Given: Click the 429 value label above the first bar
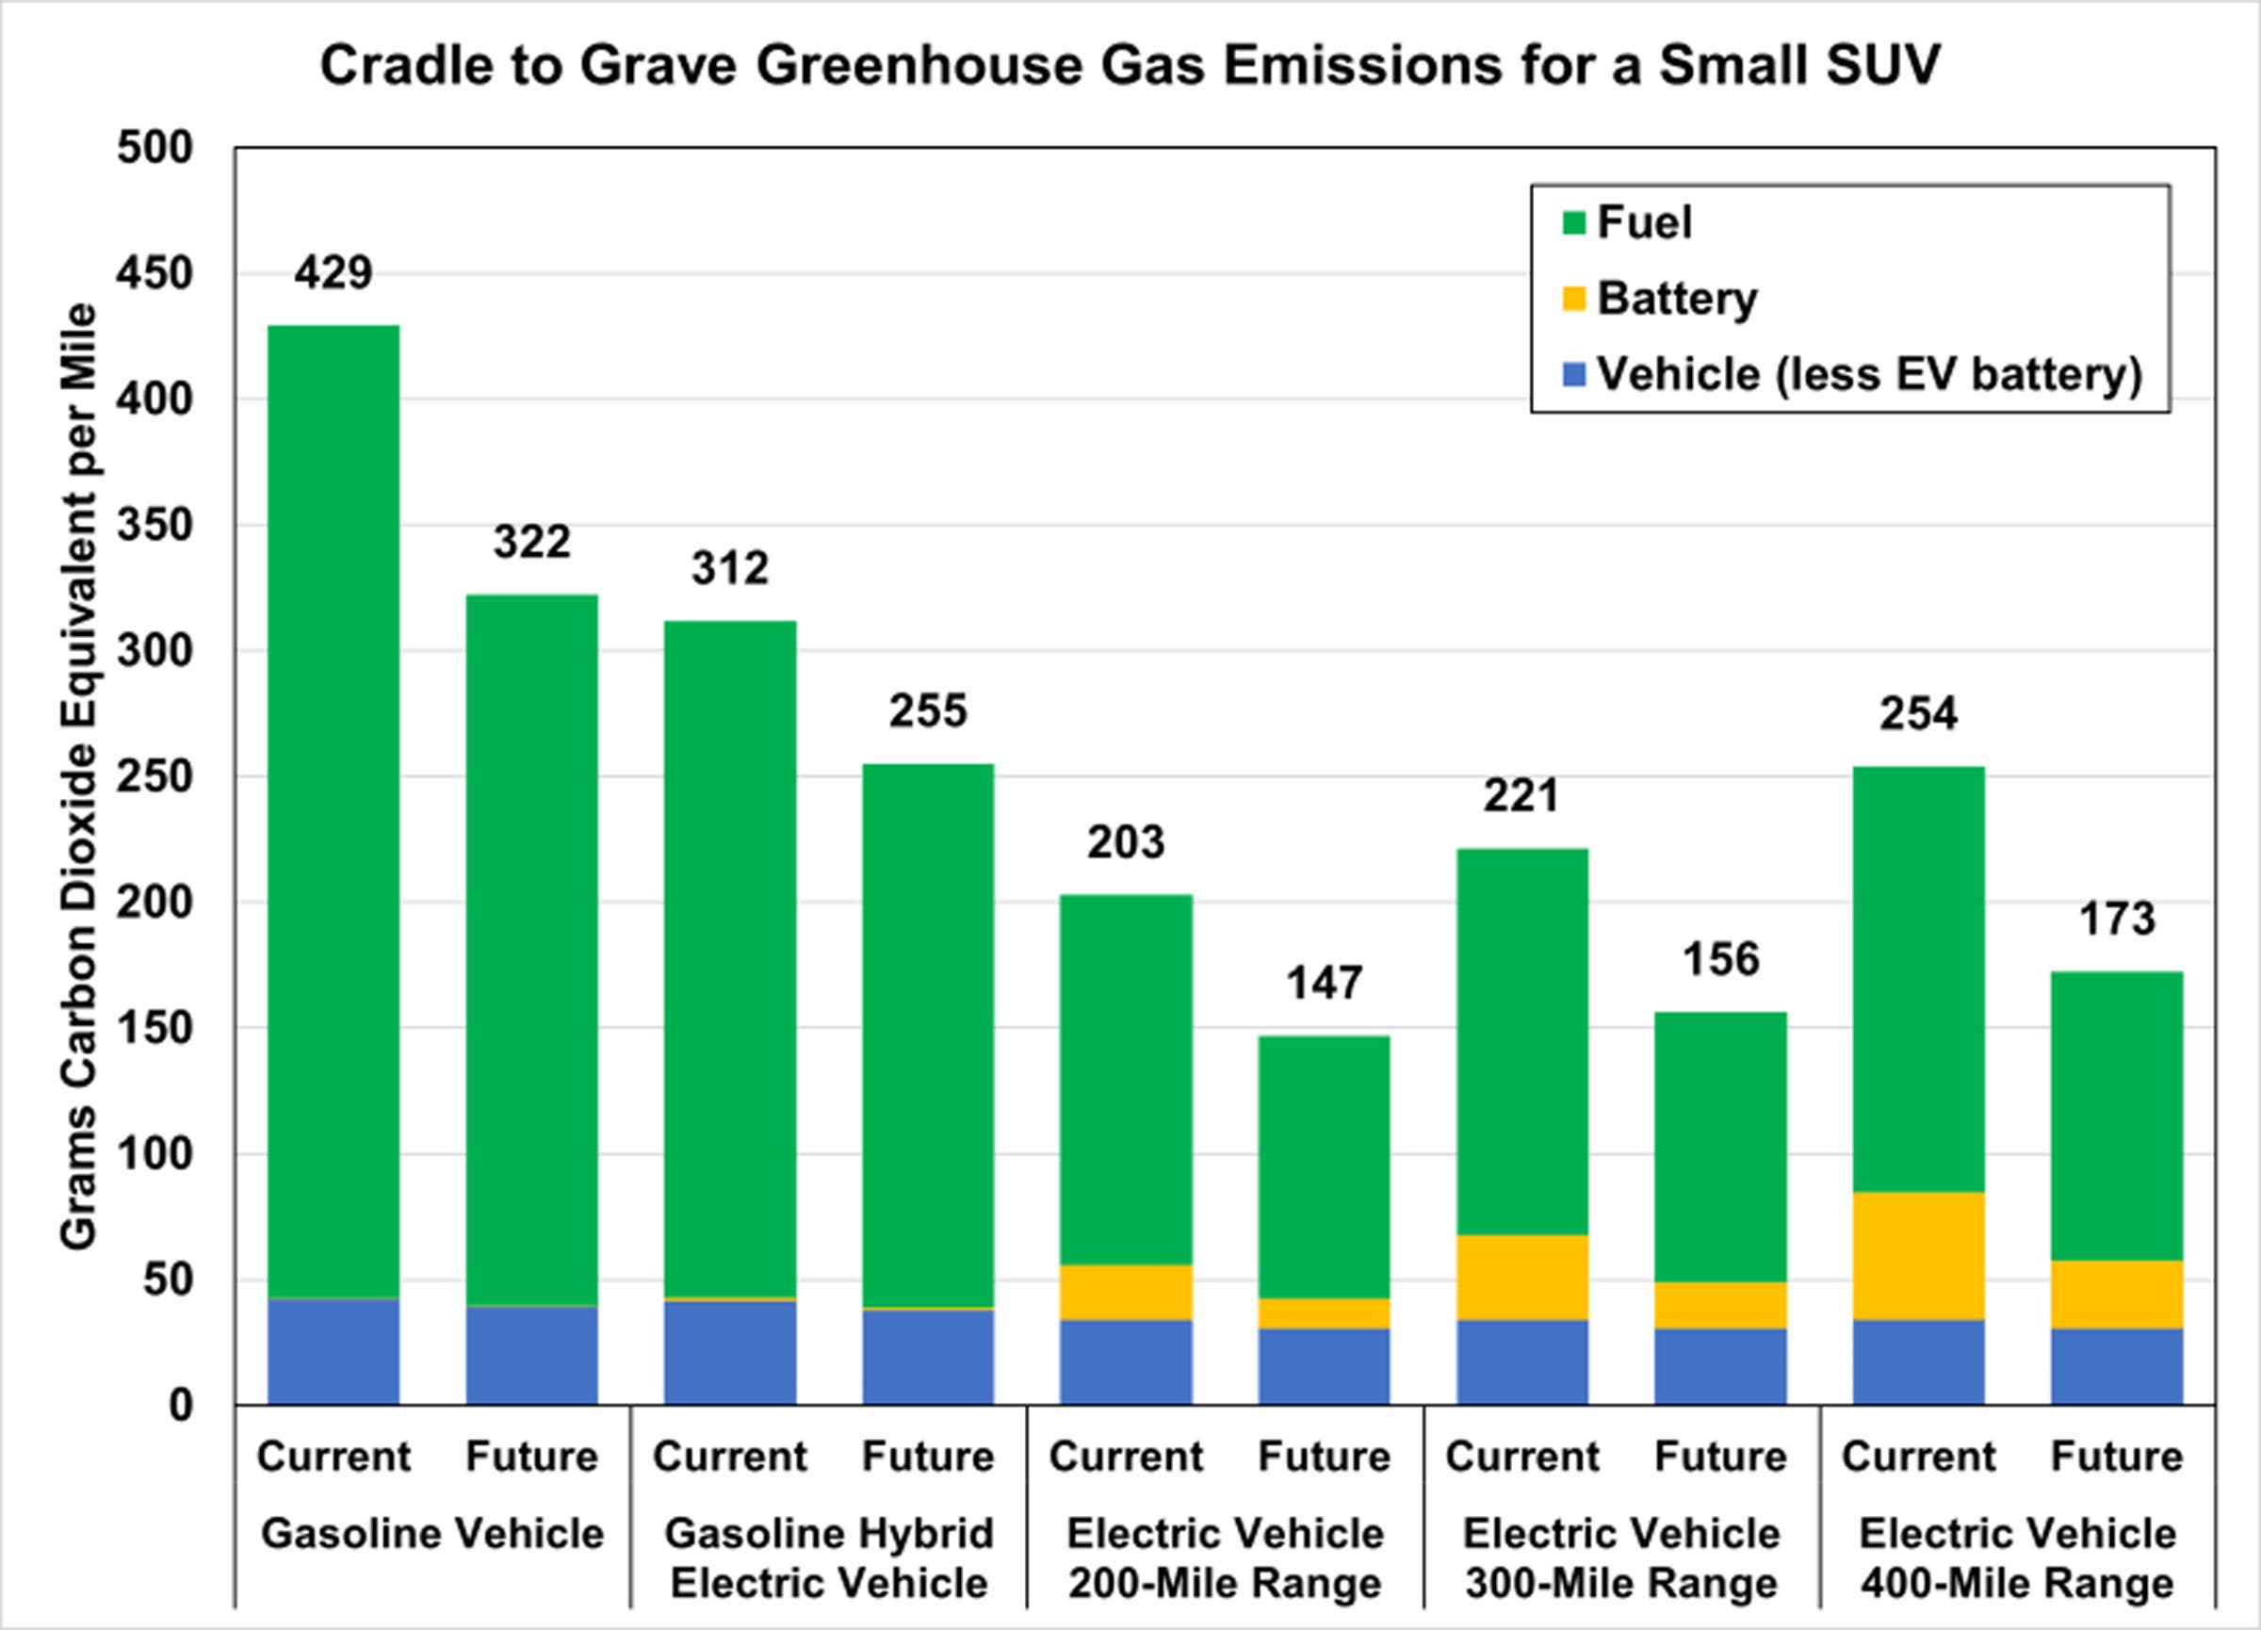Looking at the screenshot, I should (x=333, y=272).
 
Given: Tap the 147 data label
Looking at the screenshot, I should (x=1323, y=983).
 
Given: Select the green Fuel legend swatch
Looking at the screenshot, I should (x=1574, y=222).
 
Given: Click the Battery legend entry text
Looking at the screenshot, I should (x=1677, y=298).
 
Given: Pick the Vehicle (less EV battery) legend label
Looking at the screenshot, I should (x=1869, y=375).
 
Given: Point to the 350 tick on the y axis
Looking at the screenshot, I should (x=155, y=526).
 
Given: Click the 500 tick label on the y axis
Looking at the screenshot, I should (x=155, y=148).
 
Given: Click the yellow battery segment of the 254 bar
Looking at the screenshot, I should (x=1918, y=1255).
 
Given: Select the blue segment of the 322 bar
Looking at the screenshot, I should (x=531, y=1355).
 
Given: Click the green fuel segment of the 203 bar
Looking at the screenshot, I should (x=1126, y=1079).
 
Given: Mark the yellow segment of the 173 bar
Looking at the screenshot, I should (x=2117, y=1294).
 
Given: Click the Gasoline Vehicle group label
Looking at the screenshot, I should (x=431, y=1533).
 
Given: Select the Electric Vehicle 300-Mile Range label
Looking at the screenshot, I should (x=1621, y=1558).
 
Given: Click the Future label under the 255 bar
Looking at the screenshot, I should (x=927, y=1457).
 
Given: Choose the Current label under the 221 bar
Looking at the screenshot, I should (x=1521, y=1457).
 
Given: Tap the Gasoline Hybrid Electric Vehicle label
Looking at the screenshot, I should (x=828, y=1558).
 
